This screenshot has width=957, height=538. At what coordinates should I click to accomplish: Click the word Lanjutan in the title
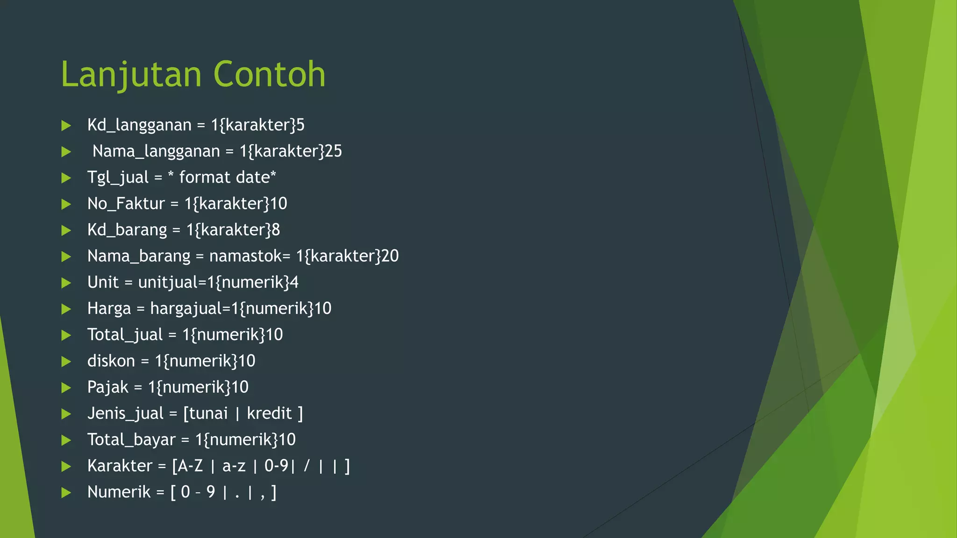tap(131, 75)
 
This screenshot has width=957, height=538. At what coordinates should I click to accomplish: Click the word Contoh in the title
tap(269, 75)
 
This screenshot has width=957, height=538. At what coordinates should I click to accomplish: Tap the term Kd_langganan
tap(139, 125)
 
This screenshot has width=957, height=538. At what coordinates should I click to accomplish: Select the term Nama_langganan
tap(156, 151)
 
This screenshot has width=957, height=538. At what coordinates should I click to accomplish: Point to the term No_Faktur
tap(126, 204)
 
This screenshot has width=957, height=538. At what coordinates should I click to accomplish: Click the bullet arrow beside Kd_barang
tap(66, 230)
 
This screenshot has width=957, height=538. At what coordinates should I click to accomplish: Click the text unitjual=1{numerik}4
tap(218, 283)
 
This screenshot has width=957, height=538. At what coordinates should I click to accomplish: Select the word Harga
tap(109, 309)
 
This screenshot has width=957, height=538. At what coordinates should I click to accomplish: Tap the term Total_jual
tap(125, 335)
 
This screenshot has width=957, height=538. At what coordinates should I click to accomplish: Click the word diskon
tap(111, 361)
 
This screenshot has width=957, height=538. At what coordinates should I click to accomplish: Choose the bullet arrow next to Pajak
tap(66, 388)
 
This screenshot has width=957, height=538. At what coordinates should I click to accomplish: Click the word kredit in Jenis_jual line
tap(269, 413)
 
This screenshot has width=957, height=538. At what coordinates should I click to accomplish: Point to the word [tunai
tap(206, 413)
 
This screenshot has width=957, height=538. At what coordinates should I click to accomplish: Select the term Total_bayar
tap(131, 439)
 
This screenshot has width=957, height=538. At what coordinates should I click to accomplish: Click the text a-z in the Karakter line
tap(234, 466)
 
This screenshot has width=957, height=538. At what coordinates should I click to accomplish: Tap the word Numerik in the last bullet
tap(119, 492)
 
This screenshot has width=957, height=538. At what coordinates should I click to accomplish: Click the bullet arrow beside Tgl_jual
tap(66, 178)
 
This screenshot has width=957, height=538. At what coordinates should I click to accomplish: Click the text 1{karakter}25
tap(291, 151)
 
